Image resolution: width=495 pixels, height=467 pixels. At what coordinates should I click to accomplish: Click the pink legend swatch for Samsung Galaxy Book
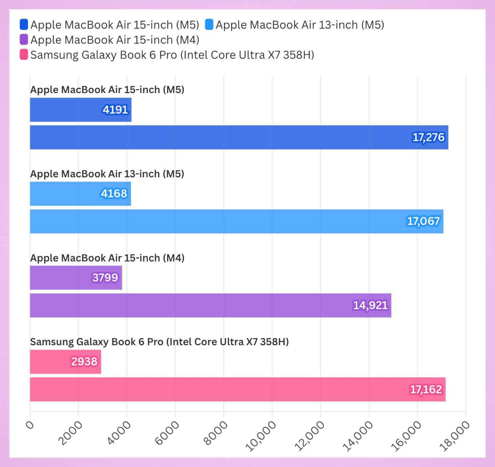[24, 55]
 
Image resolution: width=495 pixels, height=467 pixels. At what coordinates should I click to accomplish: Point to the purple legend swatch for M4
[24, 39]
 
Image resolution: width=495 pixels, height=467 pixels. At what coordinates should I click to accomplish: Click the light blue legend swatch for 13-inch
[209, 25]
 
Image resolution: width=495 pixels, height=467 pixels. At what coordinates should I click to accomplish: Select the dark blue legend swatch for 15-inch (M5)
[24, 25]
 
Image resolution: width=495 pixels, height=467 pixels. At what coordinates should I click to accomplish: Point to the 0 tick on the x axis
[30, 425]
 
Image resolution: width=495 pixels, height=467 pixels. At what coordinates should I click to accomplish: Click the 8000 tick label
[216, 433]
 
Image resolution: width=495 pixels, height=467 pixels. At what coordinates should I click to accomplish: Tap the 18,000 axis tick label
[455, 435]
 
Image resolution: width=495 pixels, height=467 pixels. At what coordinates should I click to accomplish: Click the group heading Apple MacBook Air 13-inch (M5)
[107, 174]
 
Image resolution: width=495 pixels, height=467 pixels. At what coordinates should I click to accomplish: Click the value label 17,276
[428, 137]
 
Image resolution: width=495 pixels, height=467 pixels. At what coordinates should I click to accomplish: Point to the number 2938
[84, 362]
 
